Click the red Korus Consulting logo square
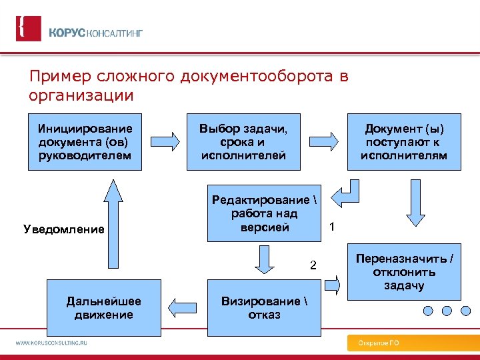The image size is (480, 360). pos(28,29)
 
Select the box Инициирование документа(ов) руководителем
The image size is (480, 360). pos(85,142)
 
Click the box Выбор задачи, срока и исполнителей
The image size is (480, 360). pos(244,142)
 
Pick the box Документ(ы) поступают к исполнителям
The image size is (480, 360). pos(404,142)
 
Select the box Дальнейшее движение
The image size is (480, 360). pos(99,308)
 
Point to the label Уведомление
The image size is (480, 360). pos(64,230)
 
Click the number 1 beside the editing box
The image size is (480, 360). pos(332,227)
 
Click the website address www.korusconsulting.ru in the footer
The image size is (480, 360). pos(52,343)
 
